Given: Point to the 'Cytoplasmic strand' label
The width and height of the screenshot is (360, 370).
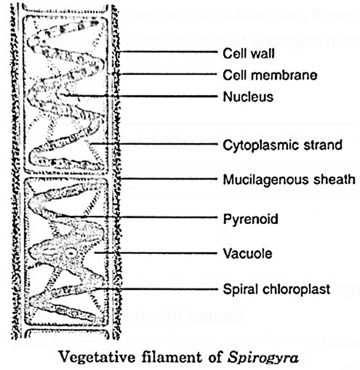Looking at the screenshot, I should click(x=283, y=145).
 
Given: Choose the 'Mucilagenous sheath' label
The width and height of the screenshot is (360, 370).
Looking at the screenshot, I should click(x=289, y=179).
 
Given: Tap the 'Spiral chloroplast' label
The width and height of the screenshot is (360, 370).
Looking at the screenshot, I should click(x=276, y=289).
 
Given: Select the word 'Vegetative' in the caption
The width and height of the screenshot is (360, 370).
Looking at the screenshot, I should click(x=103, y=354).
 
